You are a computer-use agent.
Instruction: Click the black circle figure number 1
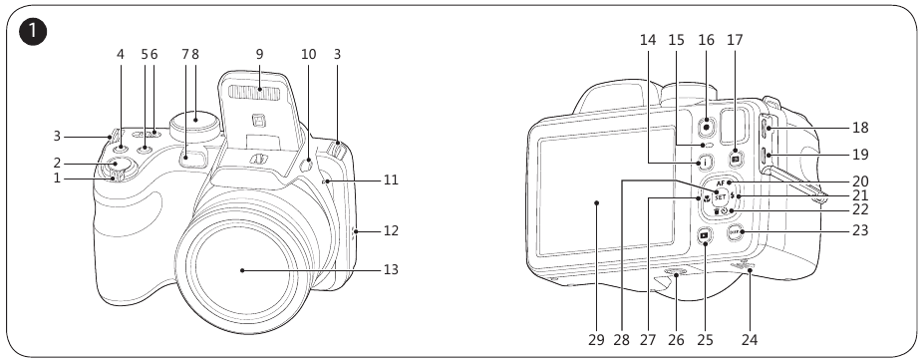(x=33, y=32)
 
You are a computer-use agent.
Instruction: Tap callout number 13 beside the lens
(x=391, y=270)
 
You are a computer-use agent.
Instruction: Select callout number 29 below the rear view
(x=596, y=340)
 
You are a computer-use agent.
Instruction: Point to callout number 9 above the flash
(x=259, y=55)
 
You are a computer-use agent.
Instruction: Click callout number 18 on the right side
(x=860, y=128)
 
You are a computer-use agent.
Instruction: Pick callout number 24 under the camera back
(x=750, y=340)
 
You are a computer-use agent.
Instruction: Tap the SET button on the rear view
(x=720, y=197)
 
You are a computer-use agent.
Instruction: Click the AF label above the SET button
(x=720, y=183)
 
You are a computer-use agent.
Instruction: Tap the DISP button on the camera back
(x=734, y=232)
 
